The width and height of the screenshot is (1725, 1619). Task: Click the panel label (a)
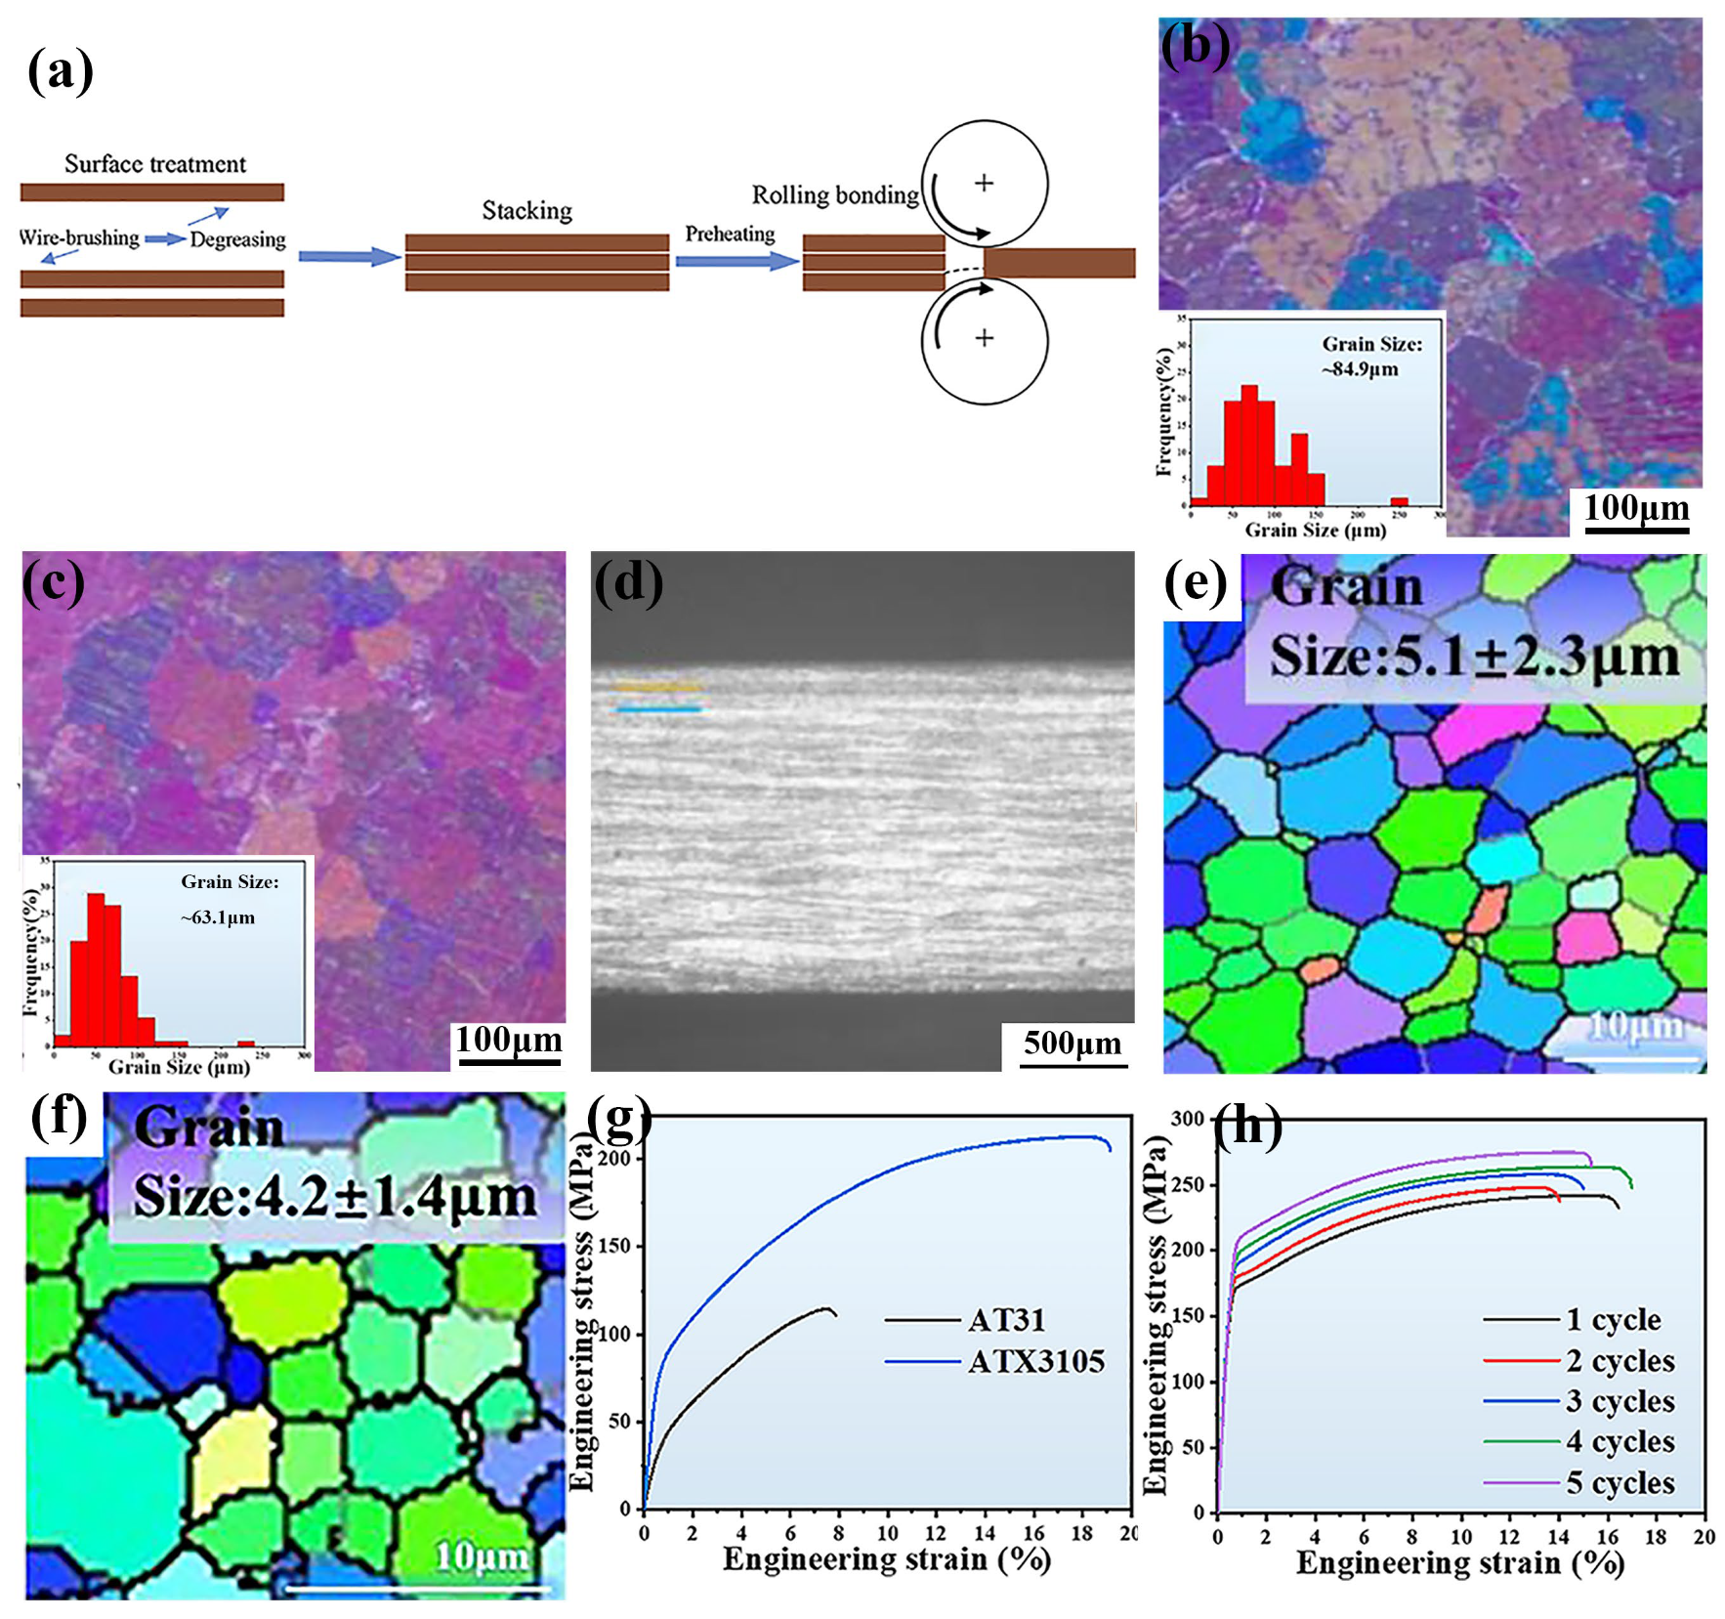coord(61,71)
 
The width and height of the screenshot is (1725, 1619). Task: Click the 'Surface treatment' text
coord(155,164)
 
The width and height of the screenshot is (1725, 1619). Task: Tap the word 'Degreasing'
coord(237,239)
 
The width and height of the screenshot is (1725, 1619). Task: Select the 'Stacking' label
coord(526,211)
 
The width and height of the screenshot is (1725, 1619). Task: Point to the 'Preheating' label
coord(730,234)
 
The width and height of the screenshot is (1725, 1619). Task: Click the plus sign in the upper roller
coord(984,183)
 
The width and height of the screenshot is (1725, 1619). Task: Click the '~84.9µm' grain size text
coord(1361,369)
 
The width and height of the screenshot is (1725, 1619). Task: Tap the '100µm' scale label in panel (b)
coord(1636,507)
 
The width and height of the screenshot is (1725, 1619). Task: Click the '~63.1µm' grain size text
coord(218,917)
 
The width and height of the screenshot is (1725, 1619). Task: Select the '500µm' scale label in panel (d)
coord(1072,1043)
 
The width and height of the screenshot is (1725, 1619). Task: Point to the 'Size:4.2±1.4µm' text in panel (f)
coord(335,1196)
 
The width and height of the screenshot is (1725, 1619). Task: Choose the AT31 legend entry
coord(1006,1320)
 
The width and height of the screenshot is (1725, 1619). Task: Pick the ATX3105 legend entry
coord(1035,1361)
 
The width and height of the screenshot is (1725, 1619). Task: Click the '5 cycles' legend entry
coord(1620,1482)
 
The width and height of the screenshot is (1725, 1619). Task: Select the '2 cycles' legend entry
coord(1620,1360)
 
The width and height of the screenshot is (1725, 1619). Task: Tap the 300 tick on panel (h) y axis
coord(1188,1119)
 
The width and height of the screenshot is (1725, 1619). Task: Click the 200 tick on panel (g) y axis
coord(618,1159)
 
